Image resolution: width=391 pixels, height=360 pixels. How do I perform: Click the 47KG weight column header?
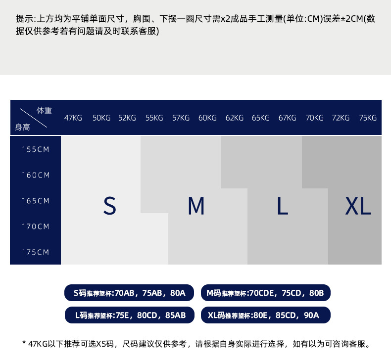click(73, 118)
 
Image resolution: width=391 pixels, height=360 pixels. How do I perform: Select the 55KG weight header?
click(154, 118)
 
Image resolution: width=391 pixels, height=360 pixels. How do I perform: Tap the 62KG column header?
click(235, 118)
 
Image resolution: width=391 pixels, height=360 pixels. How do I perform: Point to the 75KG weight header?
click(368, 118)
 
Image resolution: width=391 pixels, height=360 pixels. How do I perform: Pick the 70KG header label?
click(314, 118)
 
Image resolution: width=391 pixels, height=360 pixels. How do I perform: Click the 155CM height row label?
click(36, 149)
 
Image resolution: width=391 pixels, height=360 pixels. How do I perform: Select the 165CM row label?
click(36, 201)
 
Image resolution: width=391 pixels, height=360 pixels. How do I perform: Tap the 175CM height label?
click(36, 252)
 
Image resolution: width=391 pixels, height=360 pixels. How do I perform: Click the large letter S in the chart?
click(110, 206)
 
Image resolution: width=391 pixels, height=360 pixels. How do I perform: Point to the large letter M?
click(196, 206)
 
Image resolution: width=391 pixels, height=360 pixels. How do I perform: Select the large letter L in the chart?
click(282, 206)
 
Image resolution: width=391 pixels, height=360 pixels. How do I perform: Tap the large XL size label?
click(358, 206)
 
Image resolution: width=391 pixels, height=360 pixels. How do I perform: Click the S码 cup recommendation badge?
click(129, 293)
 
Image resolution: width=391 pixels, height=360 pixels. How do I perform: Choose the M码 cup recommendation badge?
click(265, 293)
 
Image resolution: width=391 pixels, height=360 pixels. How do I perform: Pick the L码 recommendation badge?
click(130, 315)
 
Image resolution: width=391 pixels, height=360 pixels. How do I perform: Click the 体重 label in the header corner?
click(44, 110)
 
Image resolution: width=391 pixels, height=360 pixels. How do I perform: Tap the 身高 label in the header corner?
click(22, 127)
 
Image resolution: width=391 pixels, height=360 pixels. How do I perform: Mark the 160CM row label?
click(36, 175)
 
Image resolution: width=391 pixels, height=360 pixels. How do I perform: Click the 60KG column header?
click(207, 118)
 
